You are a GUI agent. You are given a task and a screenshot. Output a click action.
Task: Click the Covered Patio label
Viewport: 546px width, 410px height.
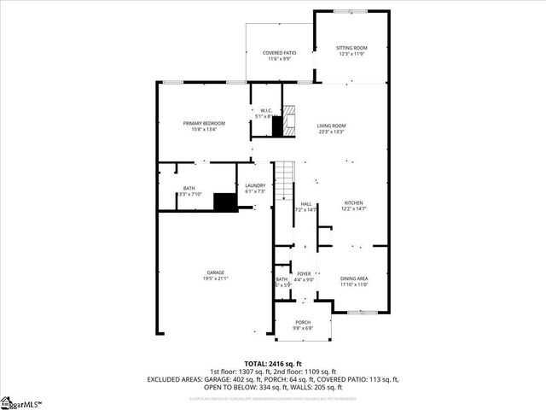[279, 53]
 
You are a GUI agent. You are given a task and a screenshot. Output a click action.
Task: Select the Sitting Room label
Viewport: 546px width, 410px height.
[351, 48]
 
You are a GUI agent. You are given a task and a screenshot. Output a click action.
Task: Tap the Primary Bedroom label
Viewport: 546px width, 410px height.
[204, 124]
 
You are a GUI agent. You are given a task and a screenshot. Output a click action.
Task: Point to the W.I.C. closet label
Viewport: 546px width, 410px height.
[265, 109]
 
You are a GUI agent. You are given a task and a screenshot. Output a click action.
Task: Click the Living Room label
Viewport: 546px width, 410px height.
[331, 126]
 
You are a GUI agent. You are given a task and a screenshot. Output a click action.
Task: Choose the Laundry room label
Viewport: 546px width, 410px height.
[255, 185]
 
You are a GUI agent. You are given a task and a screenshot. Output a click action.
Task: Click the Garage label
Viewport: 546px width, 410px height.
[215, 272]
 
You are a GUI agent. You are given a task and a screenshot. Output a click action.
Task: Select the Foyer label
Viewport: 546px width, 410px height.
[304, 273]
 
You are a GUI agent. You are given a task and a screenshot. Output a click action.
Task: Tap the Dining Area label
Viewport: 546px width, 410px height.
[353, 278]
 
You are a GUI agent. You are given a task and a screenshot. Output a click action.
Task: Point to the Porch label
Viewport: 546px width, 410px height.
[303, 322]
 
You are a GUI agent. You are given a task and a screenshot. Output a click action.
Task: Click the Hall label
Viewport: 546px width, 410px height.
[305, 203]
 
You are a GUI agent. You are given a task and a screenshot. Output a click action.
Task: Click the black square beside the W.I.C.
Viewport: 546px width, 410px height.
[276, 127]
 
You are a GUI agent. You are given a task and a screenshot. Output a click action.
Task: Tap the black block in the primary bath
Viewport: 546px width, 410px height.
[224, 202]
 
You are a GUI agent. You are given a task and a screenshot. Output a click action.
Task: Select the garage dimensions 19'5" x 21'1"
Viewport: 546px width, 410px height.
[215, 278]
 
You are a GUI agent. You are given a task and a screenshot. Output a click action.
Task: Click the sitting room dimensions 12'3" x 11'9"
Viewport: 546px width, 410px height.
[351, 54]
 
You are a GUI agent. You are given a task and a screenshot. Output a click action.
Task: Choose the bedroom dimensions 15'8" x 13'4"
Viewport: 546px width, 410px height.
[204, 130]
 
